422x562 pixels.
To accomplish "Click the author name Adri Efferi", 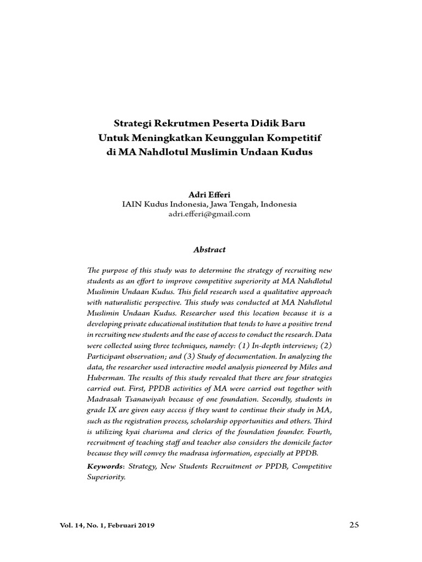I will (209, 194).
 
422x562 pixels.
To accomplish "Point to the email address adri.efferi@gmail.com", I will (209, 214).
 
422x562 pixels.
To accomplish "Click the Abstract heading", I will (209, 250).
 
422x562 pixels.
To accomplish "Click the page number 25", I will (354, 525).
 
